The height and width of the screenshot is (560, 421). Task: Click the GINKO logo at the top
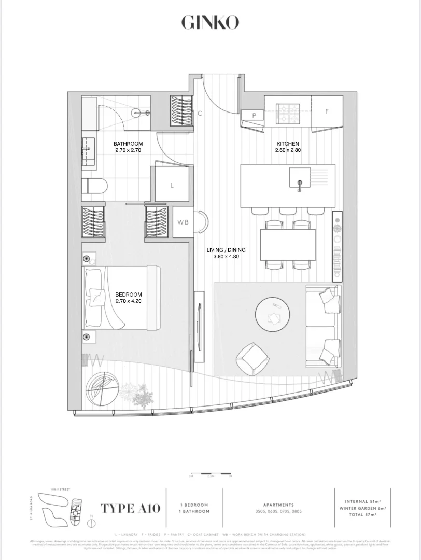pyautogui.click(x=210, y=22)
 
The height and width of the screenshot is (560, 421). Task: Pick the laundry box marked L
pyautogui.click(x=172, y=185)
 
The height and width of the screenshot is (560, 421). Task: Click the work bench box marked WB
pyautogui.click(x=183, y=222)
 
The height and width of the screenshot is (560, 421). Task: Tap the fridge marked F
pyautogui.click(x=327, y=111)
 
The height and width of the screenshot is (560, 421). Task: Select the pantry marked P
pyautogui.click(x=255, y=115)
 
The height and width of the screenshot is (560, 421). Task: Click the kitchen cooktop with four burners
pyautogui.click(x=288, y=113)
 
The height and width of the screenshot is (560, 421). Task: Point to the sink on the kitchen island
pyautogui.click(x=299, y=179)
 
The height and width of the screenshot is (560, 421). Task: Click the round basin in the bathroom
pyautogui.click(x=137, y=111)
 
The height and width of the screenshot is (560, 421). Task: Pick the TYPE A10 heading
pyautogui.click(x=130, y=508)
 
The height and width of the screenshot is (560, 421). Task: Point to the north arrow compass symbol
pyautogui.click(x=92, y=522)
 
